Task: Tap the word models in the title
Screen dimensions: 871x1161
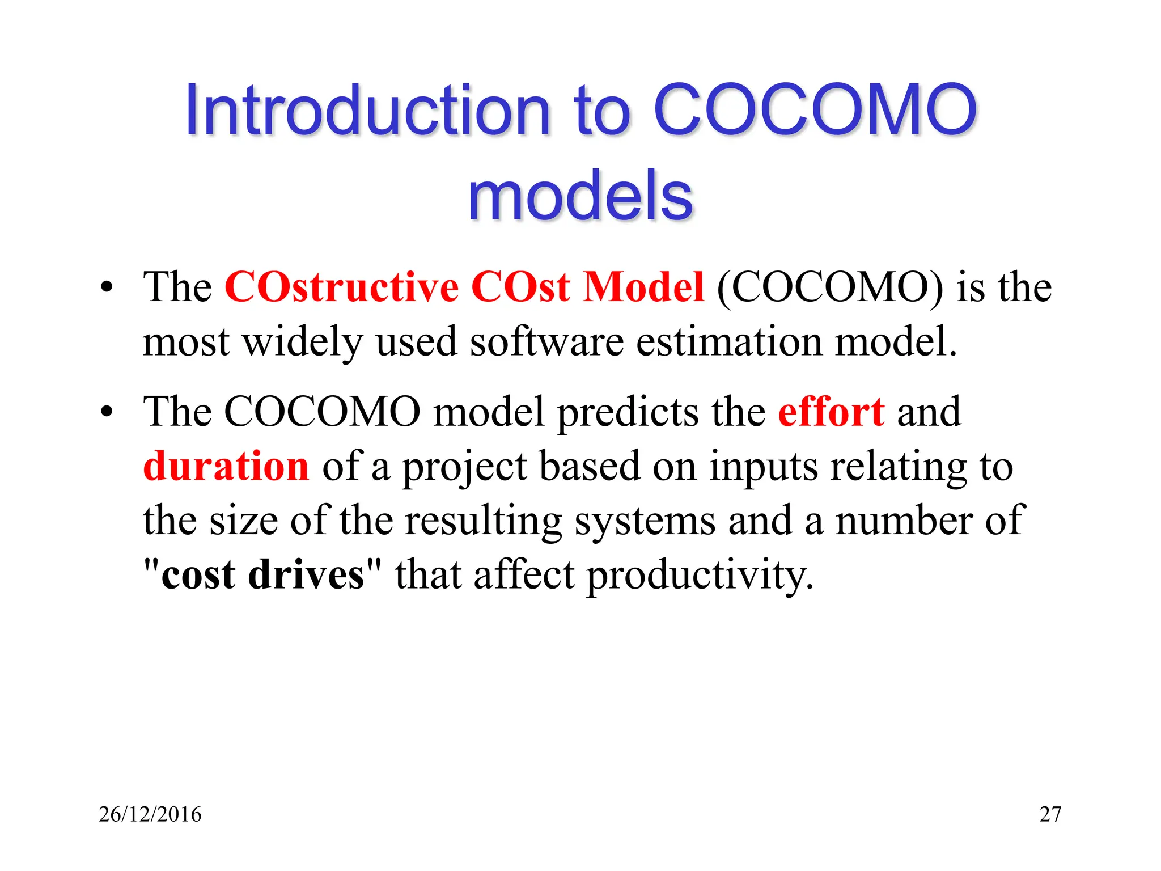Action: [580, 196]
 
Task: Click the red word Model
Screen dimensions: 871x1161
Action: [644, 287]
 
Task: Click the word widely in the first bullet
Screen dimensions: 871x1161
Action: [303, 342]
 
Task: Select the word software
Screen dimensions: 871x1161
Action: [546, 342]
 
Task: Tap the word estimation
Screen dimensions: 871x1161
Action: [729, 342]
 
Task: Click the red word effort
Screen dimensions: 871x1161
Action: [831, 412]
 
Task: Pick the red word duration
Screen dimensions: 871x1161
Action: [226, 466]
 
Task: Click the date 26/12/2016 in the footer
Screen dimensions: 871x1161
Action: [150, 814]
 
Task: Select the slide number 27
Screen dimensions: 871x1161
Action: [1050, 814]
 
